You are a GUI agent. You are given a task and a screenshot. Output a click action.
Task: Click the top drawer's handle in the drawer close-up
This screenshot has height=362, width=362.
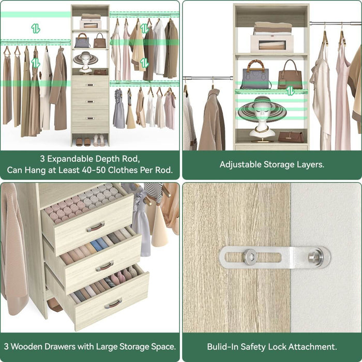(x=95, y=227)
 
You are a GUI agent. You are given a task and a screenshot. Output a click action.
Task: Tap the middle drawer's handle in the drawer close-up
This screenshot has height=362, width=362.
(x=104, y=266)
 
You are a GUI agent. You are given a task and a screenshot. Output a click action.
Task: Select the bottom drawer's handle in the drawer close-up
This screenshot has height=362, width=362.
(x=113, y=303)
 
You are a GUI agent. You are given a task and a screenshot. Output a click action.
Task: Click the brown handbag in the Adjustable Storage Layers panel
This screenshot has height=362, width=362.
(x=290, y=76)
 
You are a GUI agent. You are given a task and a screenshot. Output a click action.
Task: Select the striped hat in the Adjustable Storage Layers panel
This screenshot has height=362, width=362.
(x=262, y=109)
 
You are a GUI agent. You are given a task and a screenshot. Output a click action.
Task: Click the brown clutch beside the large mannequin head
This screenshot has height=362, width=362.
(x=292, y=137)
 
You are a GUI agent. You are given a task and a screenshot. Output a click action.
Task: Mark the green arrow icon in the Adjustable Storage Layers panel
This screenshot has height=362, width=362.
(x=291, y=90)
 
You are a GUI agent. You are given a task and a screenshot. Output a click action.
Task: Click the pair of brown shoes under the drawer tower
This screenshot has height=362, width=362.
(x=79, y=141)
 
